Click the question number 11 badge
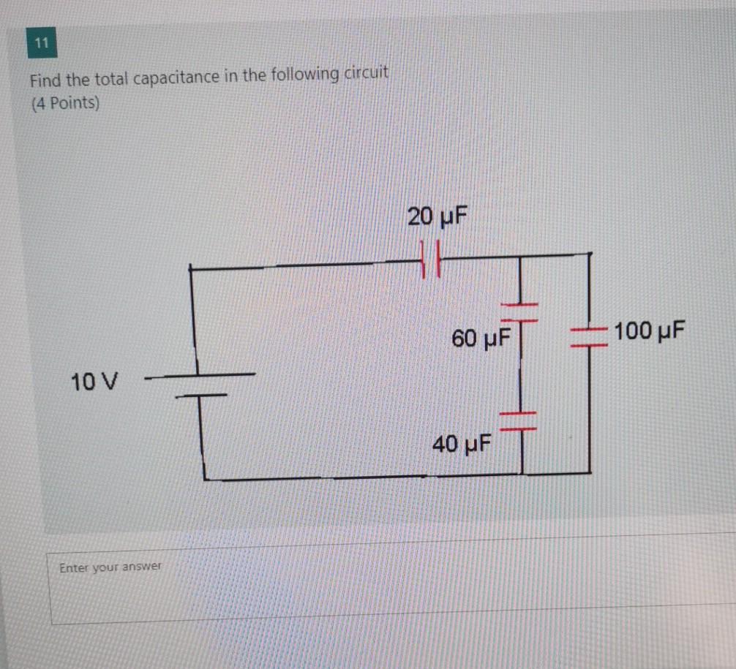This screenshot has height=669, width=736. point(42,45)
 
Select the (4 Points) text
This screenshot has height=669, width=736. point(64,103)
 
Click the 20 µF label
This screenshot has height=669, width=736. point(437,216)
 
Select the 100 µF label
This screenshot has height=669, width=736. point(650,331)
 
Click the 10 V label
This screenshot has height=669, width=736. point(95,381)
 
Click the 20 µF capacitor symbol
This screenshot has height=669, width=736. point(431,259)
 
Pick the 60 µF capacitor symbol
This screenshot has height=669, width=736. point(519,312)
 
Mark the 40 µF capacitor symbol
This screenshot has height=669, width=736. point(519,420)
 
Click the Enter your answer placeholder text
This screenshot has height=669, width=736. point(110,567)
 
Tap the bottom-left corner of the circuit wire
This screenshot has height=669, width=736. point(204,479)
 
